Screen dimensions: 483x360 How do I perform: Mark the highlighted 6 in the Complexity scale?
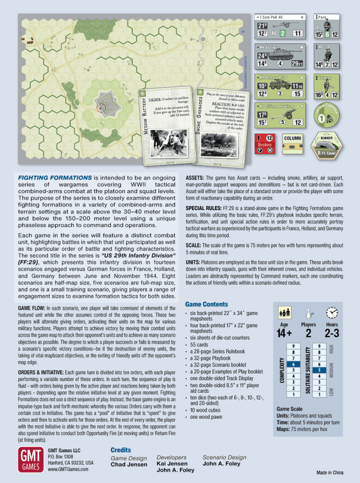(x=294, y=364)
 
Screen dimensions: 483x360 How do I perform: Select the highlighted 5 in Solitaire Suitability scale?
(x=319, y=370)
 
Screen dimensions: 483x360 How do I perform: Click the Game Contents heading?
(x=206, y=305)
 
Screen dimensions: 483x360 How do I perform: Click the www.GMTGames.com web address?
(x=68, y=469)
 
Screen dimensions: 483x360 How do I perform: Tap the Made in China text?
(x=330, y=473)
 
